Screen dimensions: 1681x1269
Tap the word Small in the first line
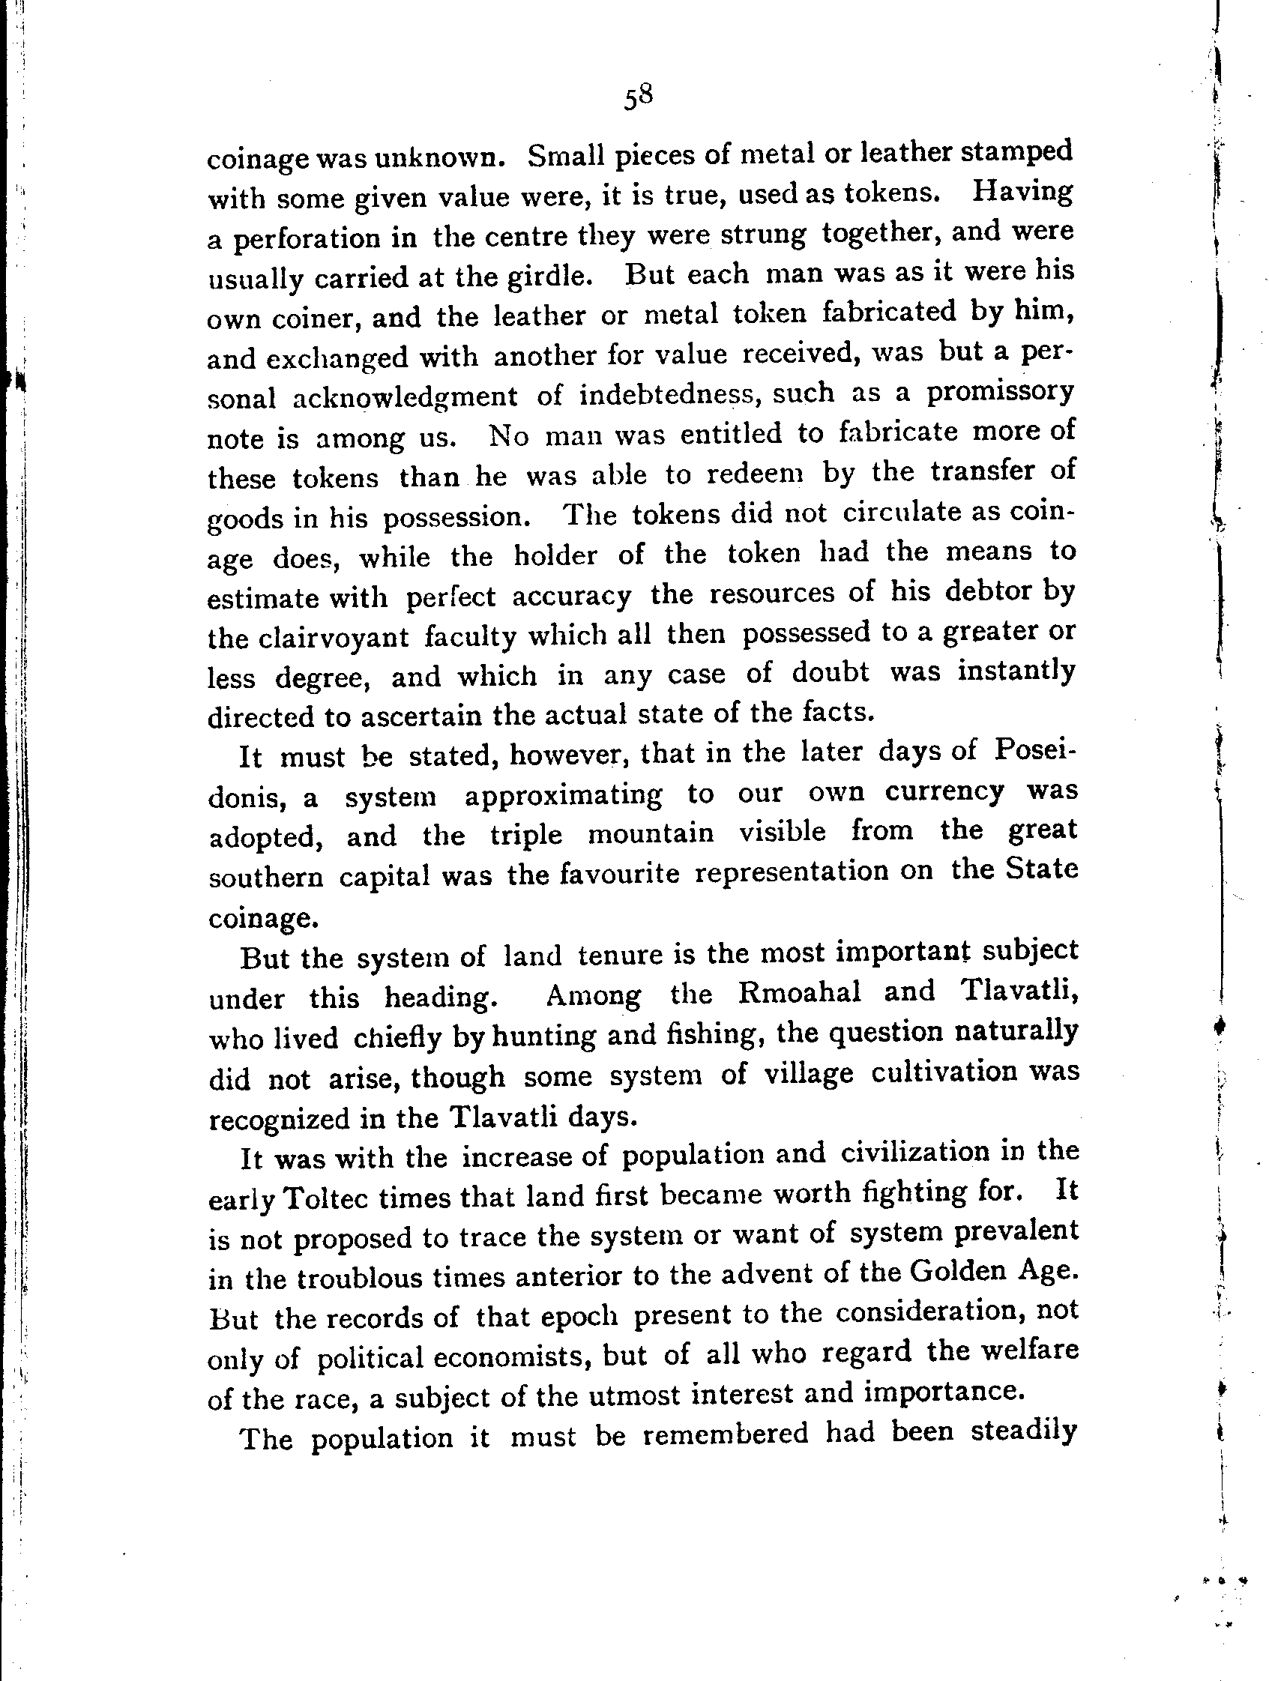564,157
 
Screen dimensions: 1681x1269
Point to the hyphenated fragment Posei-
1035,752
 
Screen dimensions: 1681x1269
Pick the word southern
265,878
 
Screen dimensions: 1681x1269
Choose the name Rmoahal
798,993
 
